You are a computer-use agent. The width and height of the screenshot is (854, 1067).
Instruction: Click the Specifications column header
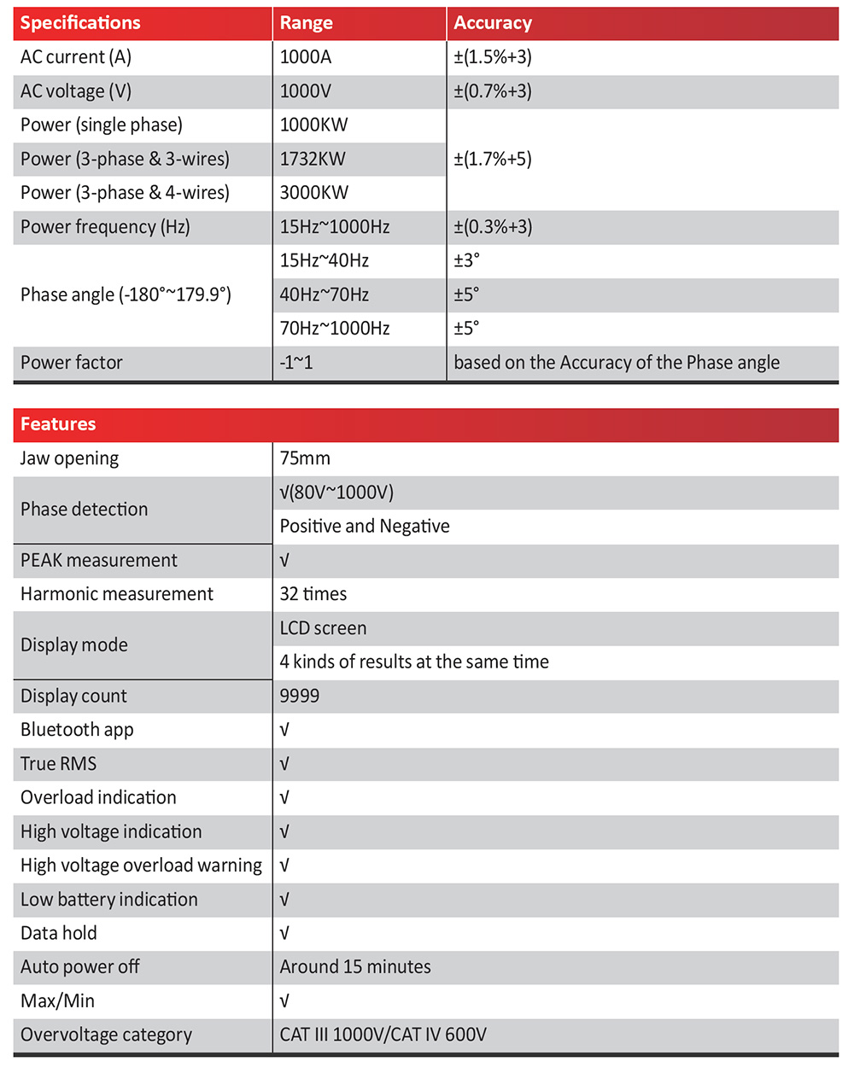(80, 23)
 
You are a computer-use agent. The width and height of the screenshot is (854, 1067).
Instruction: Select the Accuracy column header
(493, 23)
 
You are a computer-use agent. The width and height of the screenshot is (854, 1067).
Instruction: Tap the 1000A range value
(306, 57)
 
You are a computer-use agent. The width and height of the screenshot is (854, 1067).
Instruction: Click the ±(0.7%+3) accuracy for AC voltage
(493, 91)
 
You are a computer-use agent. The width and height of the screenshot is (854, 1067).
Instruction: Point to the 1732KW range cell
(313, 159)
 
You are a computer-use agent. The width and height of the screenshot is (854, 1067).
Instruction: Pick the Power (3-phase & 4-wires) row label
(125, 193)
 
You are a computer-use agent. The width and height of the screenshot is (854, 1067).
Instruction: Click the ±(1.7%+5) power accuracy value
(493, 159)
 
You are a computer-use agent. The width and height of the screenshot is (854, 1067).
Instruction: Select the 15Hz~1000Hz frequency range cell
(335, 227)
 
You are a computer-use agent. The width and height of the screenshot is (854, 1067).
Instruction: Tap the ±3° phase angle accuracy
(467, 260)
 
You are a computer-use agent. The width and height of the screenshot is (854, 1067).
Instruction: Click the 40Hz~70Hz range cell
(325, 294)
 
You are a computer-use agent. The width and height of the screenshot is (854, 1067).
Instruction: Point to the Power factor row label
(72, 363)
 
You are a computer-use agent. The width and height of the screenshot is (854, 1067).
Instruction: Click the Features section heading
(58, 424)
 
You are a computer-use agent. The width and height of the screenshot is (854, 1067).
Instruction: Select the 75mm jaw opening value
(305, 458)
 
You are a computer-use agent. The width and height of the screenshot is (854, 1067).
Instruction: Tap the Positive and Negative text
(365, 526)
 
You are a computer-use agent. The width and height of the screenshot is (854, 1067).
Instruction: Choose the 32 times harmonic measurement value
(313, 594)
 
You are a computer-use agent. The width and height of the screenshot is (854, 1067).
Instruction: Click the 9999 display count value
(300, 696)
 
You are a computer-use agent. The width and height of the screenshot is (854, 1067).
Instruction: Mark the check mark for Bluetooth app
(284, 730)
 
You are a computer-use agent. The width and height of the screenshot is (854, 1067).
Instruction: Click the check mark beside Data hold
(284, 933)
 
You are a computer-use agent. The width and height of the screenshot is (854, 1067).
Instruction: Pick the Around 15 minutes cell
(355, 967)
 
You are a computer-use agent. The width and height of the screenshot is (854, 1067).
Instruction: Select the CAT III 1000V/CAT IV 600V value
(383, 1035)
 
